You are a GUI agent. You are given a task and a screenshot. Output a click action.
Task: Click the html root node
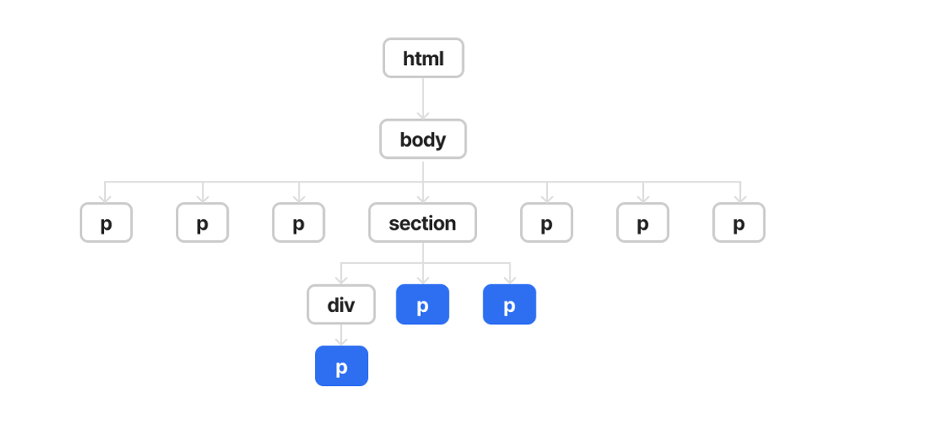click(x=423, y=58)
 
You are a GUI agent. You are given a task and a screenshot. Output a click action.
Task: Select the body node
click(x=422, y=139)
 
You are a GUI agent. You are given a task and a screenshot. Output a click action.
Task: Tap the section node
click(x=422, y=222)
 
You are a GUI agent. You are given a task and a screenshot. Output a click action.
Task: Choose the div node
click(x=341, y=305)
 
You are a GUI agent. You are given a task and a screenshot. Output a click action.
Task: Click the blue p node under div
click(x=341, y=366)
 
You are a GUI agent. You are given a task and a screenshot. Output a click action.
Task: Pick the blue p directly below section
click(x=422, y=305)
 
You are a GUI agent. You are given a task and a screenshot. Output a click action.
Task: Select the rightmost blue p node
click(x=510, y=305)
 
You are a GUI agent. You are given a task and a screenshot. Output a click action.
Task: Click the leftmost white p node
click(x=106, y=222)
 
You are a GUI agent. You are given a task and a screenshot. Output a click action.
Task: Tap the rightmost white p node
click(x=739, y=222)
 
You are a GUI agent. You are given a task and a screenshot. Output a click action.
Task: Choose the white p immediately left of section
click(x=299, y=222)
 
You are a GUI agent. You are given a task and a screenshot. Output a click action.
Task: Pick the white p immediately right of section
click(x=546, y=222)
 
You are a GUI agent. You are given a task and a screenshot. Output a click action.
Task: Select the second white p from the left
click(x=202, y=222)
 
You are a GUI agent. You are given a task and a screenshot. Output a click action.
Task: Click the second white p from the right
click(x=642, y=222)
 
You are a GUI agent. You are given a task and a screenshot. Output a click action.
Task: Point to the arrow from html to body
click(x=423, y=98)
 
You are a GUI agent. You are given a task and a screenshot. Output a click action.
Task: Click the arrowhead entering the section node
click(x=422, y=198)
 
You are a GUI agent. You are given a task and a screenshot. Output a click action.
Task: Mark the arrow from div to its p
click(x=341, y=335)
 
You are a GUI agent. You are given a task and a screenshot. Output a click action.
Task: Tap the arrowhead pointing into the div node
click(x=341, y=279)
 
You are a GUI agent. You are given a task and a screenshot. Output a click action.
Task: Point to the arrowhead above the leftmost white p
click(x=105, y=198)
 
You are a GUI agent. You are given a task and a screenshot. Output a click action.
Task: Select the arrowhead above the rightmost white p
click(x=740, y=198)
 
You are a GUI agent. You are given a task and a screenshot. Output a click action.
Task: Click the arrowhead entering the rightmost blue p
click(x=510, y=279)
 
